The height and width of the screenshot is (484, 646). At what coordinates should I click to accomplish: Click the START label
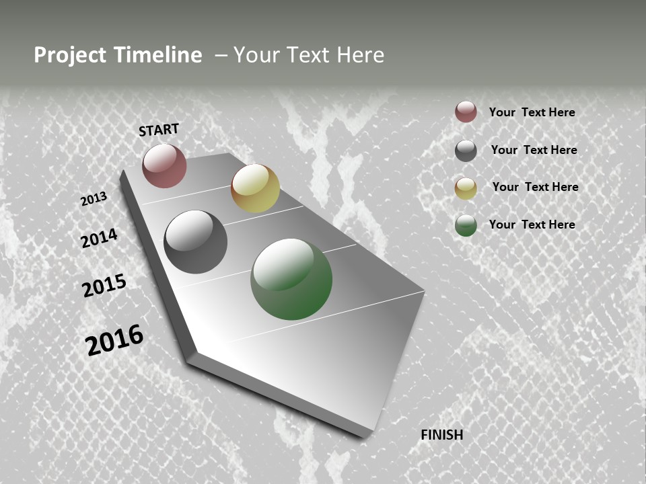(x=159, y=130)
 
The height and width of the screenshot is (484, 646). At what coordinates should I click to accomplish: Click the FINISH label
(x=442, y=435)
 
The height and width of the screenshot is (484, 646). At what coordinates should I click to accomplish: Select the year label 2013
(x=94, y=198)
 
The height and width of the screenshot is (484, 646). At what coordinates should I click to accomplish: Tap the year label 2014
(x=99, y=238)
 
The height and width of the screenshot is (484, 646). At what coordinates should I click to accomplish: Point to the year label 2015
(x=104, y=286)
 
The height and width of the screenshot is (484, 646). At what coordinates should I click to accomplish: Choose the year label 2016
(x=114, y=339)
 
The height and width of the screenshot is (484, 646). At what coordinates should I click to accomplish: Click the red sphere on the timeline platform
(x=164, y=165)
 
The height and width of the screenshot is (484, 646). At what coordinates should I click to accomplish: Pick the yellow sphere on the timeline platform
(x=255, y=188)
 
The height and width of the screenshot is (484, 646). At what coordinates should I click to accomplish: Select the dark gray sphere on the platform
(x=195, y=242)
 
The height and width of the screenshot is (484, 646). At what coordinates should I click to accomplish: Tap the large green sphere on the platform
(x=291, y=279)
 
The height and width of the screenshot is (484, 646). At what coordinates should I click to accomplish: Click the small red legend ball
(x=466, y=112)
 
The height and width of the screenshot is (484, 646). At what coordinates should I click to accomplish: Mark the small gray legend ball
(x=466, y=151)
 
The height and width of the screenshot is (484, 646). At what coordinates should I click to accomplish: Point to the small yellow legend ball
(x=466, y=188)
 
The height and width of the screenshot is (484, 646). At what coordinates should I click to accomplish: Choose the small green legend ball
(x=466, y=225)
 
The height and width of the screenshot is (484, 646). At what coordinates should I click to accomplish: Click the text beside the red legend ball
(x=532, y=112)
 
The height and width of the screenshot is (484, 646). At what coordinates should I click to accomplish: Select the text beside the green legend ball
(x=532, y=225)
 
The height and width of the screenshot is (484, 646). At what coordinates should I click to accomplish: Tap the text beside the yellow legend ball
(x=535, y=187)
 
